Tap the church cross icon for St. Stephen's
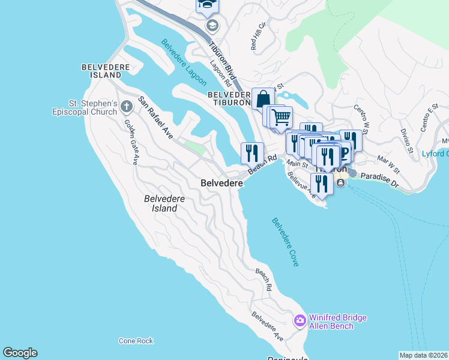126,107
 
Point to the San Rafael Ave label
155,118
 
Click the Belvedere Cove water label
285,242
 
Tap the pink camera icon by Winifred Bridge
300,322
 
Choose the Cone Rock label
136,341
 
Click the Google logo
20,353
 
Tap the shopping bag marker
263,98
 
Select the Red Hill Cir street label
255,37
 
